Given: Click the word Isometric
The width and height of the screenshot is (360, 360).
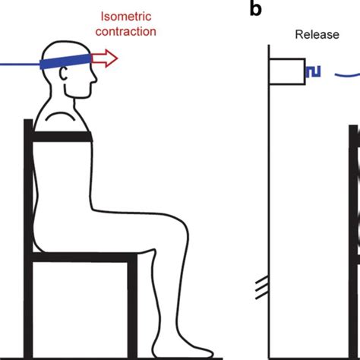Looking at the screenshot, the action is pyautogui.click(x=126, y=17).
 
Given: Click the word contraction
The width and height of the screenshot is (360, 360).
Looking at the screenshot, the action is pyautogui.click(x=126, y=32).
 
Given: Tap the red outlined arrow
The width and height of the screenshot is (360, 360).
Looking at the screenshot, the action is pyautogui.click(x=104, y=58).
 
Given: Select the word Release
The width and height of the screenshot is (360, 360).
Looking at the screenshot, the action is pyautogui.click(x=317, y=35).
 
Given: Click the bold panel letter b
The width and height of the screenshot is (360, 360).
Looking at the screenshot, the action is pyautogui.click(x=255, y=8).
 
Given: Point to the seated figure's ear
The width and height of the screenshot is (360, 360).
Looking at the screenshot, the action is pyautogui.click(x=63, y=74).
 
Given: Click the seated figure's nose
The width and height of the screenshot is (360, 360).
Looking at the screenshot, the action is pyautogui.click(x=94, y=79).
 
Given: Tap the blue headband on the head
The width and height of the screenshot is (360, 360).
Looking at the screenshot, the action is pyautogui.click(x=65, y=61).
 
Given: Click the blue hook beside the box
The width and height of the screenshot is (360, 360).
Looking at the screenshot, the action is pyautogui.click(x=313, y=71).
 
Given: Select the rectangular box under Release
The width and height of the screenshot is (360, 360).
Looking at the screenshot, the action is pyautogui.click(x=287, y=71).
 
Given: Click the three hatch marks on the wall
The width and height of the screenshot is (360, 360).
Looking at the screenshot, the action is pyautogui.click(x=262, y=288).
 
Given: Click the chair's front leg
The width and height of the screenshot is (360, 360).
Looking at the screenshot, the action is pyautogui.click(x=132, y=306).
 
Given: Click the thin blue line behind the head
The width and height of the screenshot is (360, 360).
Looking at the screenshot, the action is pyautogui.click(x=20, y=65).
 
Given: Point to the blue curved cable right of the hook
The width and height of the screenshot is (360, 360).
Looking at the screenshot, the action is pyautogui.click(x=347, y=75).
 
